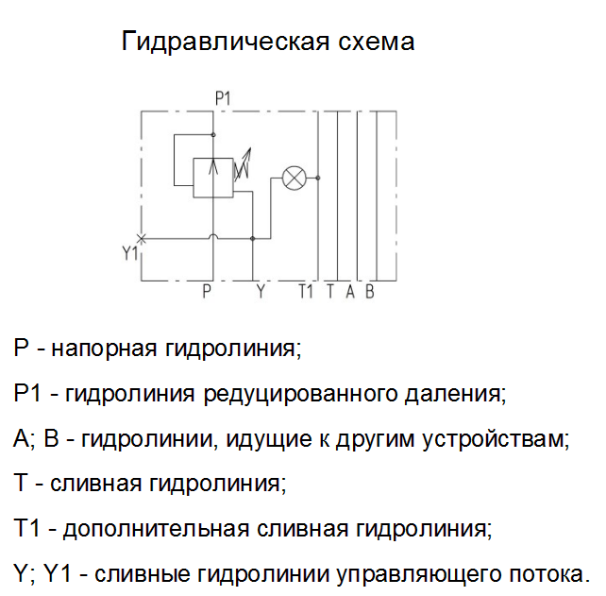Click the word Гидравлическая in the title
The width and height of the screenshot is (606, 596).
click(x=226, y=42)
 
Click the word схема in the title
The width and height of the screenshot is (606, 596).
click(x=377, y=43)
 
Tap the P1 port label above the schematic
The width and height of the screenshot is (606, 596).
click(x=223, y=98)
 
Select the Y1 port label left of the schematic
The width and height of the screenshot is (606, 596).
click(x=130, y=254)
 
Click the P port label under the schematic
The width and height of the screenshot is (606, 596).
click(x=207, y=291)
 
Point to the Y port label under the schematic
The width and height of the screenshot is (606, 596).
click(x=261, y=291)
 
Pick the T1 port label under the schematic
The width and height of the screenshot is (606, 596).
click(x=305, y=291)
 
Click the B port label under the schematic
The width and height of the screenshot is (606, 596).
click(x=370, y=291)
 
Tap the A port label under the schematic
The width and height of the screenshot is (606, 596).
click(x=350, y=291)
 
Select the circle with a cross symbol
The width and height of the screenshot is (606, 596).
click(x=295, y=179)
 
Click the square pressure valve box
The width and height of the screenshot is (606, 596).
click(x=213, y=178)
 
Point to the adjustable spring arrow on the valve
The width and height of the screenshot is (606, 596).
click(x=244, y=163)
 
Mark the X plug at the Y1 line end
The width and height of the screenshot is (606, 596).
click(x=142, y=239)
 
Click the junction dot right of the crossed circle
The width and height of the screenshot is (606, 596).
click(x=318, y=178)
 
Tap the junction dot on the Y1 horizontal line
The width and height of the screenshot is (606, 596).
click(x=253, y=239)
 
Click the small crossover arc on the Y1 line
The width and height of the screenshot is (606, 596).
click(x=213, y=235)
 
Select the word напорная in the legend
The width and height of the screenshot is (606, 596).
click(x=105, y=349)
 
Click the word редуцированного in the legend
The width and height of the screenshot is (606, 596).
click(x=300, y=394)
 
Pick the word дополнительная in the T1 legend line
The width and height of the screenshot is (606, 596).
click(x=156, y=529)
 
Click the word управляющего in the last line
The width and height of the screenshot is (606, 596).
click(x=418, y=574)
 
